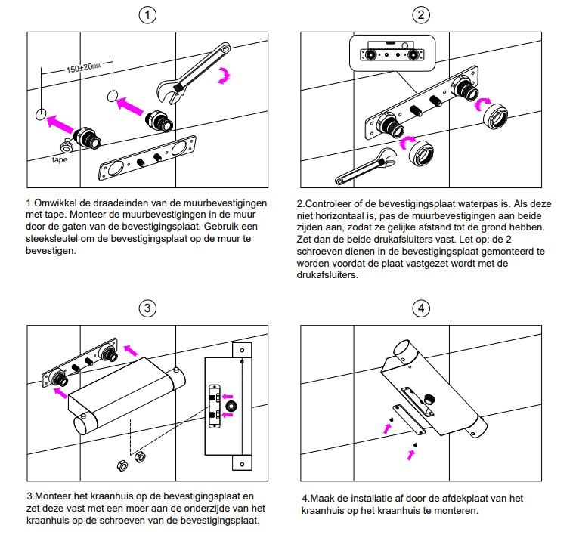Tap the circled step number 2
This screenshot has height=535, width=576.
tap(421, 14)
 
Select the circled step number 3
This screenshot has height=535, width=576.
tap(149, 308)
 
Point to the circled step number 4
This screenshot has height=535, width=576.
tap(421, 308)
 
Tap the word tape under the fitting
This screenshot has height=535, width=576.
tap(61, 159)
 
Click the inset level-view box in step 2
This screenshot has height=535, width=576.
tap(391, 53)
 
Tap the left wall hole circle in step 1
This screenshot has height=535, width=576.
tap(42, 115)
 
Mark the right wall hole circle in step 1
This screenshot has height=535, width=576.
tap(113, 96)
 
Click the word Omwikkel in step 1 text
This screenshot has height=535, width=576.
tap(57, 203)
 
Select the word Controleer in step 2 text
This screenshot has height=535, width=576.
tap(330, 203)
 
